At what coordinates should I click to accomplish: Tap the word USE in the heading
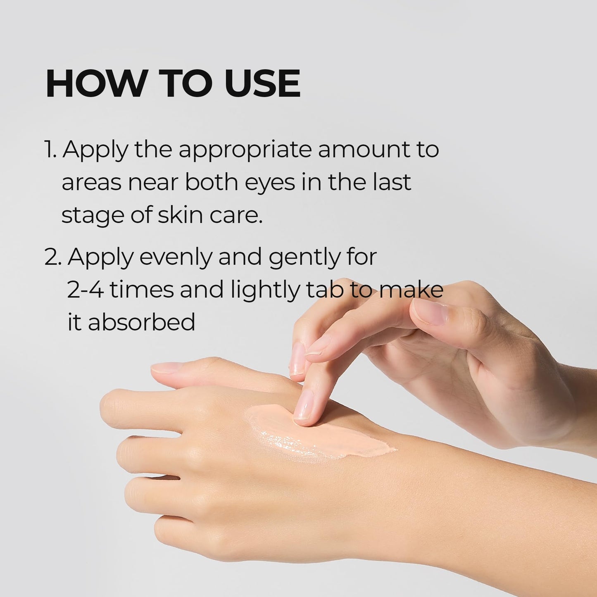point(263,84)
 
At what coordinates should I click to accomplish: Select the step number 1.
point(50,150)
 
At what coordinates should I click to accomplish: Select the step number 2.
point(52,257)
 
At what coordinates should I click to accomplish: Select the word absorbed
point(141,322)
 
